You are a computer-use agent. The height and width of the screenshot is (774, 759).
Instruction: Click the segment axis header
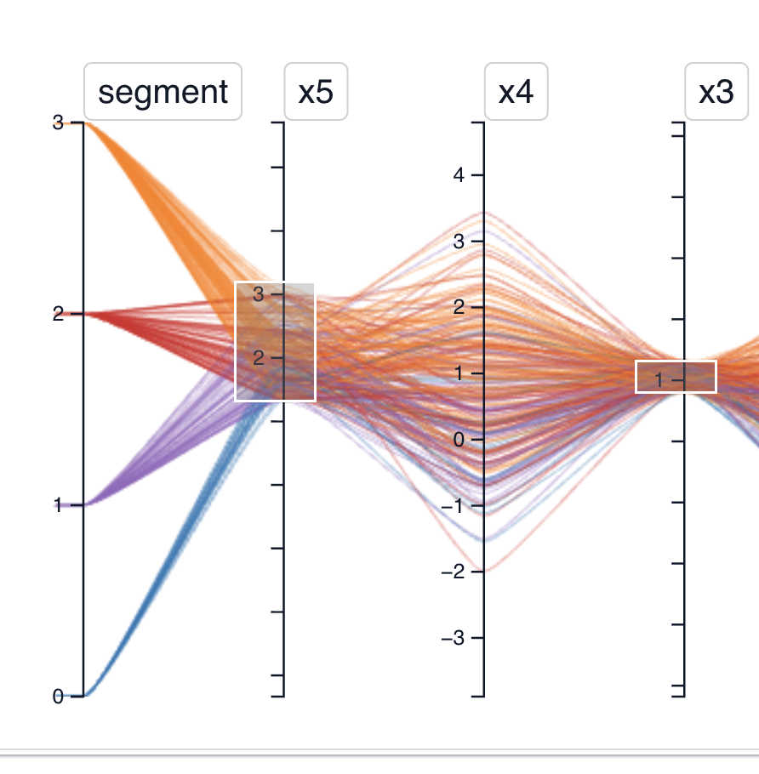click(x=163, y=91)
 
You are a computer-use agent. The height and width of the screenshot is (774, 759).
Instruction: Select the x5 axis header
click(x=316, y=91)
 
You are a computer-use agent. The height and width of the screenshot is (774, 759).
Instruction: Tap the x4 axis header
click(x=516, y=91)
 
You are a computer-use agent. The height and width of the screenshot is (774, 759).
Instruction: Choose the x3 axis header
click(x=716, y=91)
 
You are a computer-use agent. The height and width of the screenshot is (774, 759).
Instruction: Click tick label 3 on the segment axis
click(x=59, y=122)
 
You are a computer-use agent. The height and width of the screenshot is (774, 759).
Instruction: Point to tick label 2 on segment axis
click(x=59, y=314)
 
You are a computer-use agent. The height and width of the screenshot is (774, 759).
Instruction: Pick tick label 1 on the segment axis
click(x=59, y=505)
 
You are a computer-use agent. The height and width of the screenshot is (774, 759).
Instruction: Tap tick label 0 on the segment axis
click(x=59, y=697)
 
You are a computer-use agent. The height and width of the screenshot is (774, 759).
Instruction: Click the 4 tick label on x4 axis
click(x=459, y=175)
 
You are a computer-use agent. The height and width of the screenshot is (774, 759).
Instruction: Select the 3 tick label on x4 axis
click(x=459, y=242)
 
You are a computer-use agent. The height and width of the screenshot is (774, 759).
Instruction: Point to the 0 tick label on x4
click(x=459, y=440)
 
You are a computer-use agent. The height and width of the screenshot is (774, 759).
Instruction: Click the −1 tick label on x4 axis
click(x=454, y=506)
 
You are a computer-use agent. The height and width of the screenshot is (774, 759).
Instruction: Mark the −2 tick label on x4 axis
click(x=454, y=572)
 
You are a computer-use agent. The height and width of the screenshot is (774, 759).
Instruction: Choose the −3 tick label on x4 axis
click(x=454, y=638)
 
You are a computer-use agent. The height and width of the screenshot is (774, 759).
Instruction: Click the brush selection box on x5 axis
click(x=276, y=341)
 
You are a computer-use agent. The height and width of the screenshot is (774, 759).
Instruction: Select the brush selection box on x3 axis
click(x=676, y=377)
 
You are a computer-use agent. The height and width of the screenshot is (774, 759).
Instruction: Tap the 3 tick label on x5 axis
click(x=259, y=294)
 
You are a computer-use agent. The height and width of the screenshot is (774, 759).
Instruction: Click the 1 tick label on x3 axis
click(x=659, y=380)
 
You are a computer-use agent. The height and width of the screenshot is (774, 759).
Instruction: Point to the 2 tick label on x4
click(x=459, y=307)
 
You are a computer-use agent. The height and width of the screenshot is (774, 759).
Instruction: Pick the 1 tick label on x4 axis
click(x=459, y=373)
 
